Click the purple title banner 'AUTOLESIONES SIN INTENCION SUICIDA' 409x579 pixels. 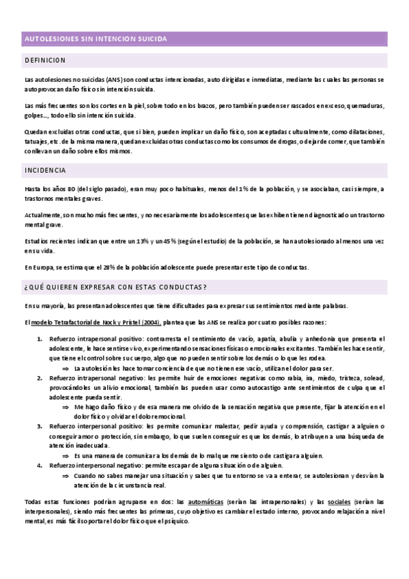96,39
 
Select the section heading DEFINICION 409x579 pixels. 45,60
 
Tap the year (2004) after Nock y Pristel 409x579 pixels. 149,322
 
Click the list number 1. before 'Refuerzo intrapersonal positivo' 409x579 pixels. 40,339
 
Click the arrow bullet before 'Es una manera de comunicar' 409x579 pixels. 66,455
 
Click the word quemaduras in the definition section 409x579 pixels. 366,106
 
